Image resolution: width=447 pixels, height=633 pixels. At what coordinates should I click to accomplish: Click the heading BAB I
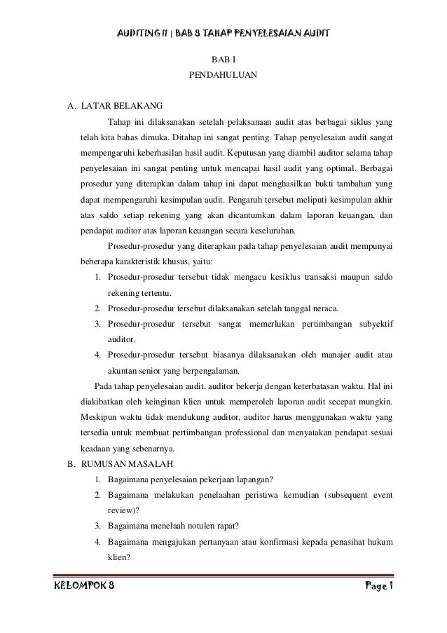pos(223,61)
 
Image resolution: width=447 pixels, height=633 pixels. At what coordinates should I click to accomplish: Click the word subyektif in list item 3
pos(376,324)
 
